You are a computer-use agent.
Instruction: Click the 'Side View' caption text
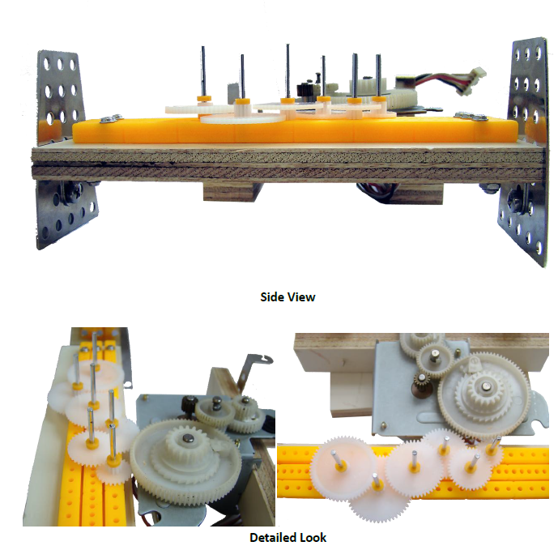[288, 297]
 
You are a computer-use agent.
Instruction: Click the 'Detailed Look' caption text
[288, 537]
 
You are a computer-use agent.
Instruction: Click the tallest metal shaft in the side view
[288, 72]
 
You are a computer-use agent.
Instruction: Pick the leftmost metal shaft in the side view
[203, 71]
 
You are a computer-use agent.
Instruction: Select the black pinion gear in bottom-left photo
[190, 404]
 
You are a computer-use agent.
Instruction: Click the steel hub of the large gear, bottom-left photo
[188, 438]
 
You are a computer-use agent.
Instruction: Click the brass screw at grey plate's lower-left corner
[383, 424]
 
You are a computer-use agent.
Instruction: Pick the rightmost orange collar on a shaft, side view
[378, 99]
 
